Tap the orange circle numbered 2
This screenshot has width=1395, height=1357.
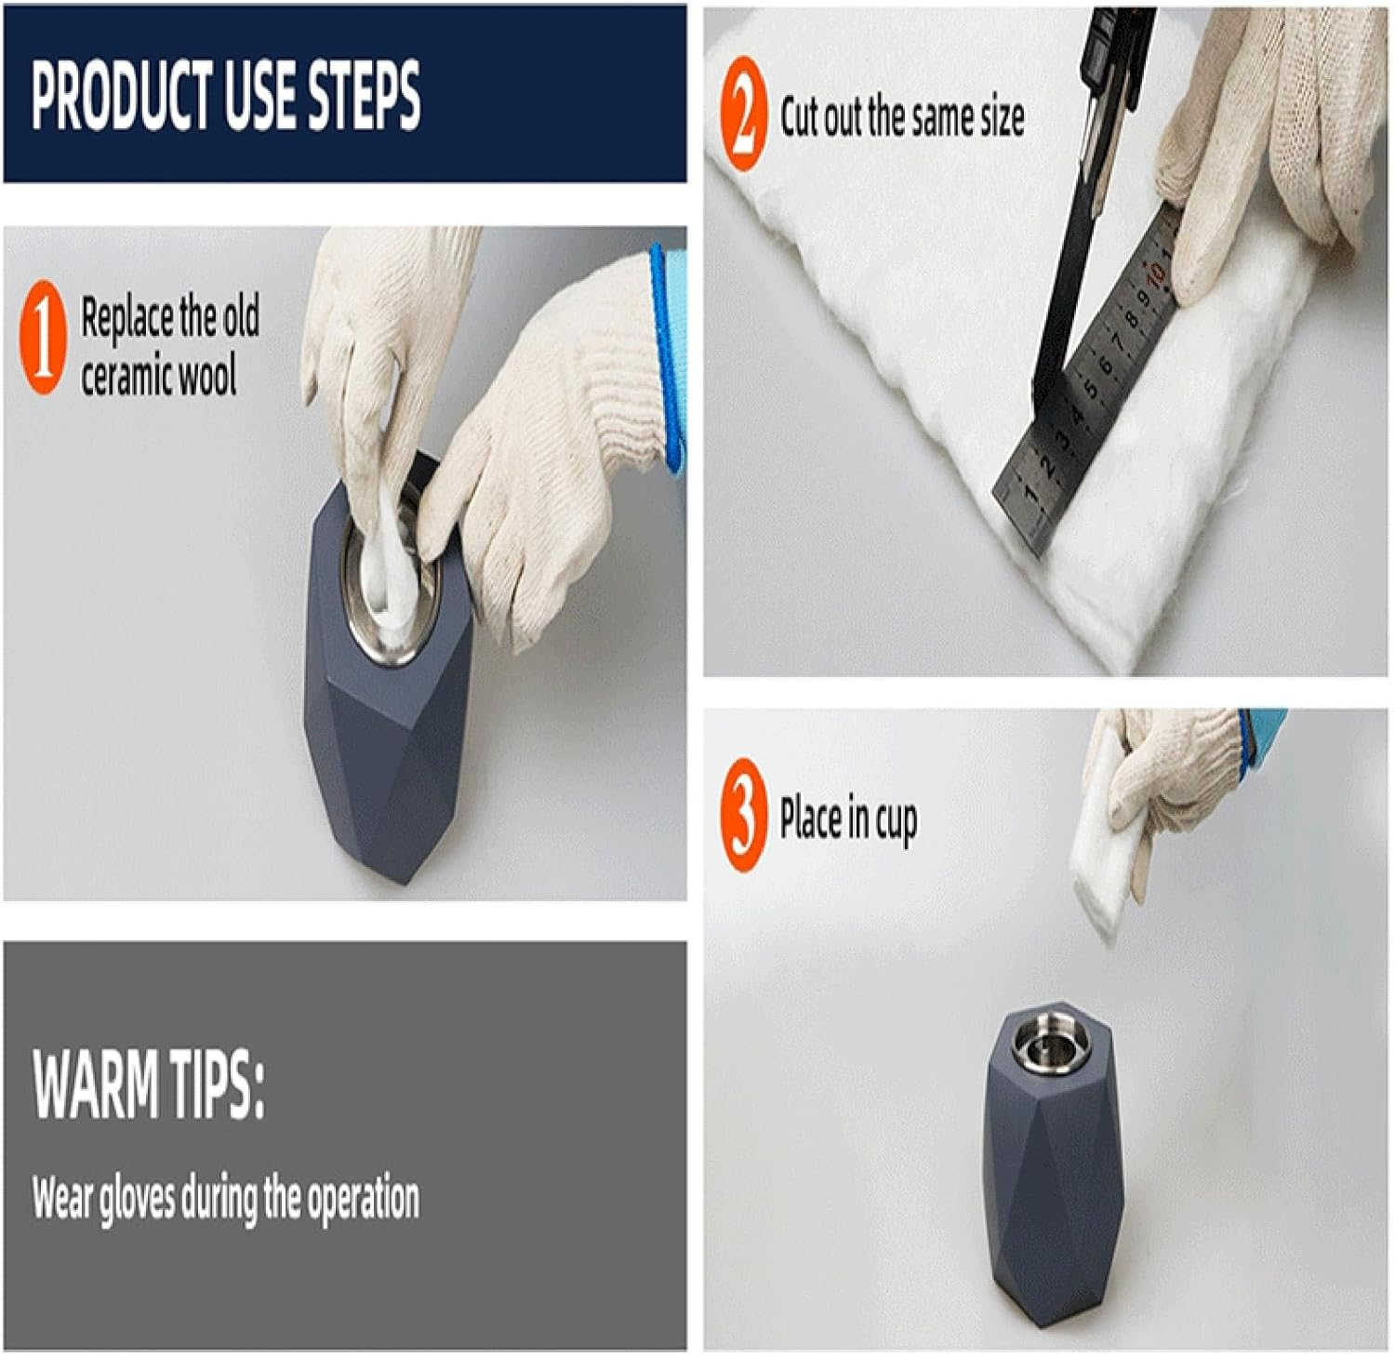744,113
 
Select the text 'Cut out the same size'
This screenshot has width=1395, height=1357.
902,117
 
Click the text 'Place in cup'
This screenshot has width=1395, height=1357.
848,819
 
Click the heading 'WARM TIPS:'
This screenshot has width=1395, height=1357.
149,1085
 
